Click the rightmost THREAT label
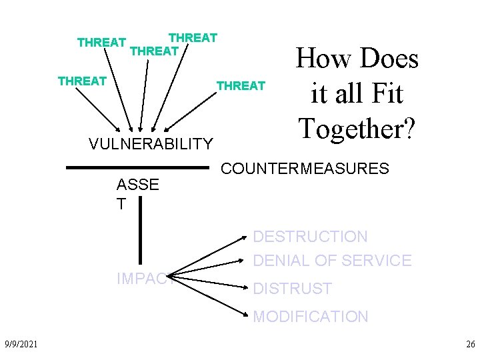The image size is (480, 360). (x=241, y=85)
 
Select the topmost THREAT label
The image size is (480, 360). (x=193, y=37)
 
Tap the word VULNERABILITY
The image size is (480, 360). (x=151, y=143)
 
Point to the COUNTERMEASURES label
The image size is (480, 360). (x=305, y=169)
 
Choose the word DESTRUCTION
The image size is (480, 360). (x=310, y=237)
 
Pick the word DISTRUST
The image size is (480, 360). (x=292, y=289)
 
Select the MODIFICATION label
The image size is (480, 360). (x=310, y=317)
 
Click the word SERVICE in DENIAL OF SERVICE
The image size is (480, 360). (x=378, y=261)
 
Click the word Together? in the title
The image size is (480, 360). (x=357, y=127)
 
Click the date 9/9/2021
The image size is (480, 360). (x=20, y=343)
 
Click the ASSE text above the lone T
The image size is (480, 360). (x=137, y=185)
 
